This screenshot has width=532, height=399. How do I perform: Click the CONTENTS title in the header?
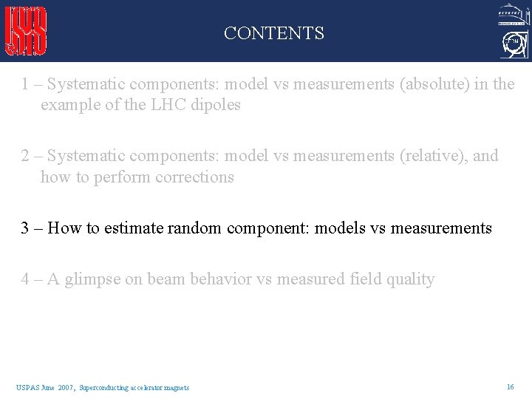[273, 33]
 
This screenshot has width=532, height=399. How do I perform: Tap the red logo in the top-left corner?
[27, 31]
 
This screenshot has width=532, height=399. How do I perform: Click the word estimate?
[134, 228]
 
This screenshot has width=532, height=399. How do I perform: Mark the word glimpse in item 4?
[91, 279]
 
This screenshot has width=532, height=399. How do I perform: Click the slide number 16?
[510, 386]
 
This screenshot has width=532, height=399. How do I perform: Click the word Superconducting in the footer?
[103, 387]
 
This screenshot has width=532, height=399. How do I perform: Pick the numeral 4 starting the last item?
[26, 279]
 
